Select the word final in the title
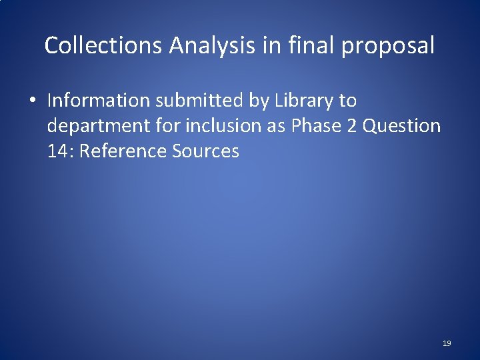tap(304, 46)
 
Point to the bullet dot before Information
tap(32, 101)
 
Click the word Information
tap(99, 101)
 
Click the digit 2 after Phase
tap(351, 126)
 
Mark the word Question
tap(402, 126)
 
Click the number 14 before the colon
tap(56, 151)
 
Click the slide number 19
tap(447, 343)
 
